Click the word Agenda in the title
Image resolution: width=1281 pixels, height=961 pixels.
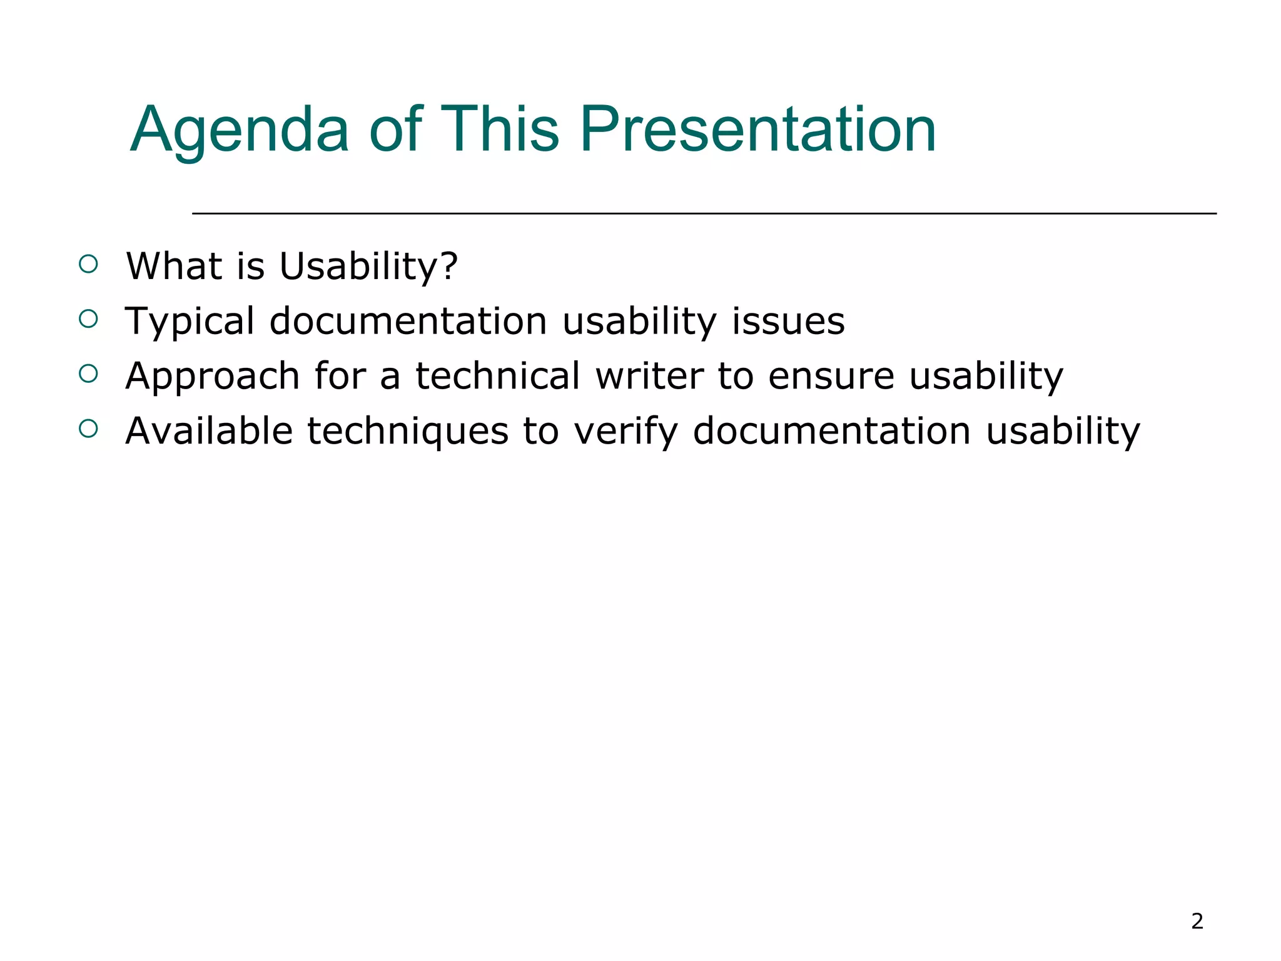239,130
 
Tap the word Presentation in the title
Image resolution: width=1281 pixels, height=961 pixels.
757,130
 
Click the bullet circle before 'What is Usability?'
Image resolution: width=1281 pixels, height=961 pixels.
89,264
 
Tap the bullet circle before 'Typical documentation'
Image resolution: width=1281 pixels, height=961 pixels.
89,319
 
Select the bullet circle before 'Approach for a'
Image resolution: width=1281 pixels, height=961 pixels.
89,374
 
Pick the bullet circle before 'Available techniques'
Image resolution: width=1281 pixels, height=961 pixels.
89,429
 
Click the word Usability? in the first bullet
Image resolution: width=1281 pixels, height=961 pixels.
368,267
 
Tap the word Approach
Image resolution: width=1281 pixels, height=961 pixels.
212,377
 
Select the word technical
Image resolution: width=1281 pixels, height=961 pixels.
498,377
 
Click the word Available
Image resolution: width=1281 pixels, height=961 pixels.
209,431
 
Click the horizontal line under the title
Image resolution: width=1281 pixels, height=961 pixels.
704,214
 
